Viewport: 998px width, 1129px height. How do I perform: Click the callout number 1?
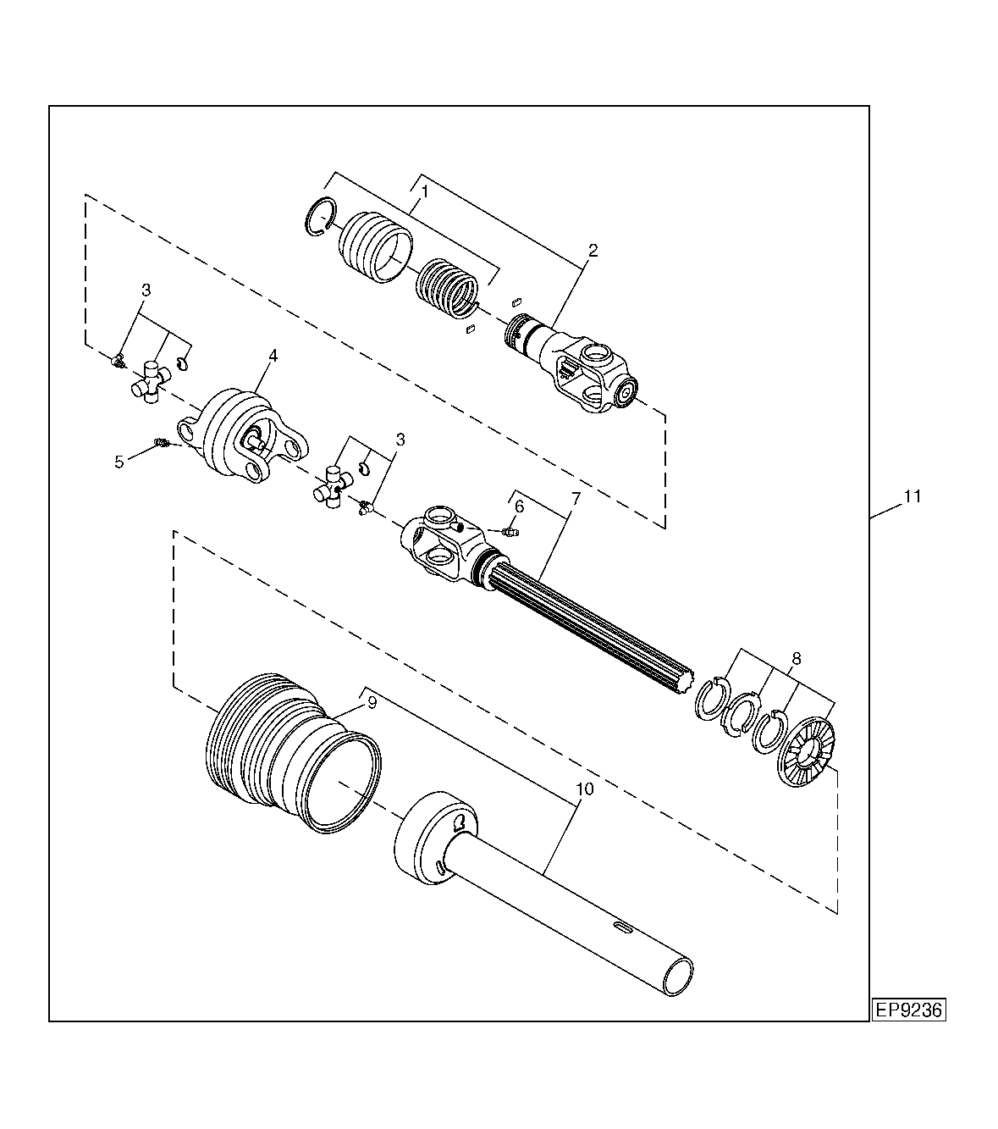click(x=425, y=191)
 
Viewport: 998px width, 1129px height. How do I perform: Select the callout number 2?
click(x=593, y=250)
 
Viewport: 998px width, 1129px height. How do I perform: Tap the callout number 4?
click(x=273, y=356)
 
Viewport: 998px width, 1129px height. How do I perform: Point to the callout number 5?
click(x=119, y=462)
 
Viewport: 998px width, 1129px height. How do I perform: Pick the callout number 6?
click(x=519, y=506)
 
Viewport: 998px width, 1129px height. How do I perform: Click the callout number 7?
click(x=576, y=498)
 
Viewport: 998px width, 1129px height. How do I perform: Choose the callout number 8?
click(x=797, y=659)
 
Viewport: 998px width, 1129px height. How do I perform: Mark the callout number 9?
click(x=372, y=703)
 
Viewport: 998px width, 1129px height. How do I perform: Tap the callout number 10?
click(x=585, y=789)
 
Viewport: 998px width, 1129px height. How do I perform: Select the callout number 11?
click(x=913, y=496)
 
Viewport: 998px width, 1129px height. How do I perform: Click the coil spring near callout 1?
click(x=448, y=288)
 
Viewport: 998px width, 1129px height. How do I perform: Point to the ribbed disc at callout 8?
click(x=806, y=750)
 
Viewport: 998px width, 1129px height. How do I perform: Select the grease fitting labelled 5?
click(x=161, y=442)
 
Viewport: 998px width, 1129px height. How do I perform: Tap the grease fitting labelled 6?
click(x=510, y=532)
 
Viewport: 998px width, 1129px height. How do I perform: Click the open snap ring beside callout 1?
click(x=321, y=216)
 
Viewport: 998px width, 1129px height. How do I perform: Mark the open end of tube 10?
click(x=678, y=977)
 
